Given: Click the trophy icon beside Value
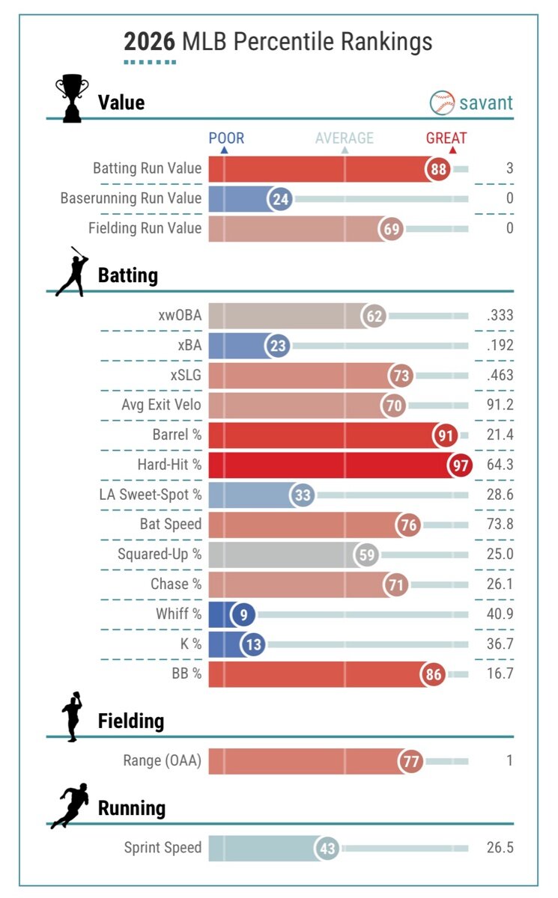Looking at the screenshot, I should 72,98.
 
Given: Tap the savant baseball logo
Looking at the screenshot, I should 442,103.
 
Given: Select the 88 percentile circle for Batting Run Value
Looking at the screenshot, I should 438,169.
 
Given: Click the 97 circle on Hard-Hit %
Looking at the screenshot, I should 459,465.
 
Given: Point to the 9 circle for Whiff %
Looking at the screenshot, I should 243,614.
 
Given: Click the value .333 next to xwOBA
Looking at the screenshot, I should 499,316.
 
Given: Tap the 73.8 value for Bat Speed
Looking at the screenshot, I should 500,524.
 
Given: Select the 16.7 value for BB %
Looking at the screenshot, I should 500,673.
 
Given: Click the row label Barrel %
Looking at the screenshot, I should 177,435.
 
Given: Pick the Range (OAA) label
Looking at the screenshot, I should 163,761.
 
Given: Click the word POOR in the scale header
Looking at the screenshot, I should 225,138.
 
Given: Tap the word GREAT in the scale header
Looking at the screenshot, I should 446,138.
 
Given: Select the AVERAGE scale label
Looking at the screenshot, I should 344,138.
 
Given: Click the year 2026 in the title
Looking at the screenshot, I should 150,42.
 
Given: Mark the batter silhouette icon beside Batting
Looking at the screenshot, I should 72,272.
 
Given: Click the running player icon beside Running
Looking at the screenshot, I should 70,805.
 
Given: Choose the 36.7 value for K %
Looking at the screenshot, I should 500,644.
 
